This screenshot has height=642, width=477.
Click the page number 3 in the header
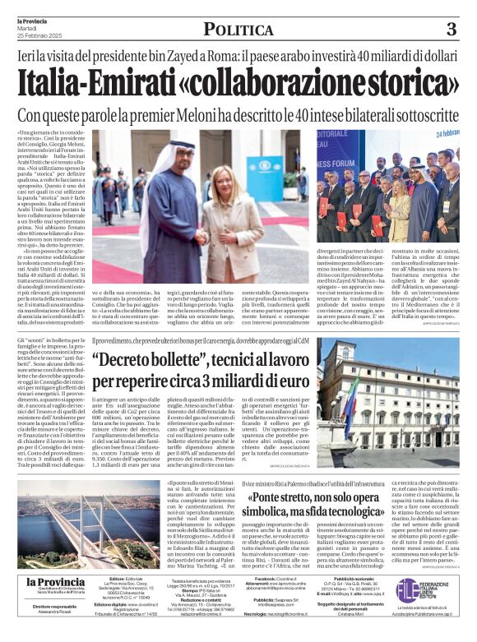pos(451,29)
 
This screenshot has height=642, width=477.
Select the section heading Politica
pos(238,30)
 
